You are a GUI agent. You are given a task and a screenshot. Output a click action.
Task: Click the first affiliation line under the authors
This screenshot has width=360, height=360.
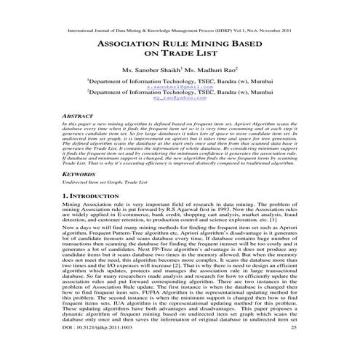[179, 80]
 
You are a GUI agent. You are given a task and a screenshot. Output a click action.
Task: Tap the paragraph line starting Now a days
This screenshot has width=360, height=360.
[179, 228]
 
